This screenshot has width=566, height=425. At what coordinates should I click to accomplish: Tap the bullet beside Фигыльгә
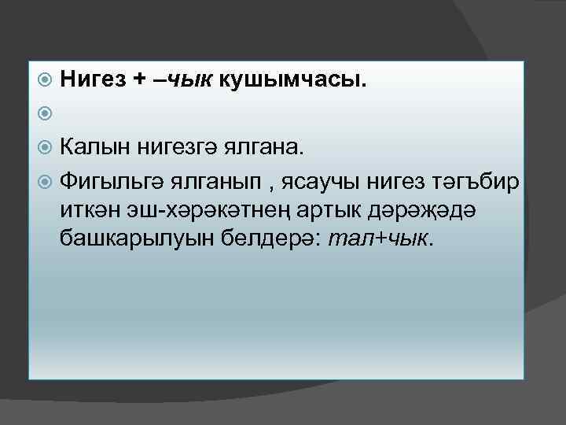[x=46, y=181]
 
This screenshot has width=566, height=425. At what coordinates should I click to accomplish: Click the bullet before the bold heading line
[x=46, y=79]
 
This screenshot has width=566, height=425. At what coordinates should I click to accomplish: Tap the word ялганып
[x=211, y=181]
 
